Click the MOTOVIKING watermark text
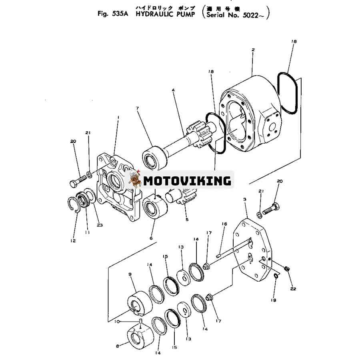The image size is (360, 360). [x=187, y=181]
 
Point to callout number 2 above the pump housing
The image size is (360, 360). [x=253, y=50]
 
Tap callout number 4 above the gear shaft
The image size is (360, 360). [x=173, y=90]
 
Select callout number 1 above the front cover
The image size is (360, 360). [x=118, y=117]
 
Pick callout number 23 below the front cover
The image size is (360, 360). [x=100, y=225]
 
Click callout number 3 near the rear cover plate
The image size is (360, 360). [x=245, y=199]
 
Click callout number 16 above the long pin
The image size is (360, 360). [x=224, y=224]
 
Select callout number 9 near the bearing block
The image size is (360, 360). [x=130, y=274]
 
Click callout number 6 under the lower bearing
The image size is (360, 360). [x=151, y=238]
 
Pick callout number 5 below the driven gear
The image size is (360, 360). [x=187, y=219]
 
